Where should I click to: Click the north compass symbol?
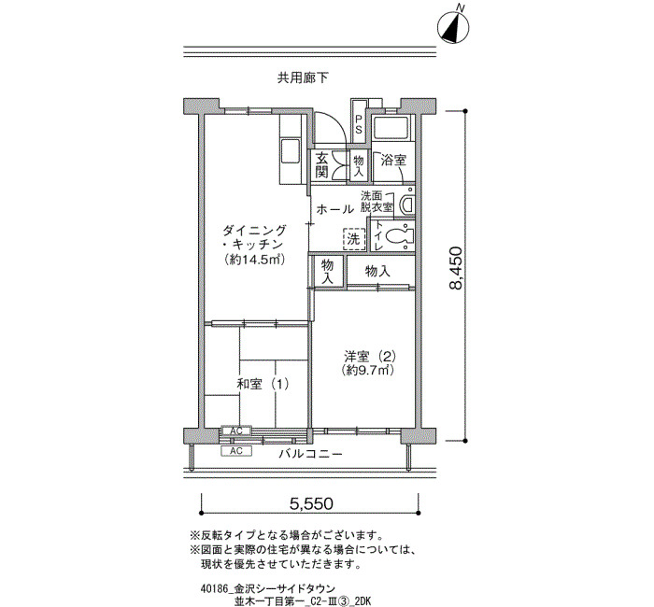[x=453, y=27]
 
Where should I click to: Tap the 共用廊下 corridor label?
[x=303, y=78]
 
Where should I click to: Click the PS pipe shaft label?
[x=358, y=124]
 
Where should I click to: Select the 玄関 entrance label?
[x=321, y=164]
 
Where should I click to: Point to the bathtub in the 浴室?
[x=391, y=128]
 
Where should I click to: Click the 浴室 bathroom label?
[x=393, y=160]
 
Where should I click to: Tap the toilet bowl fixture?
[x=398, y=236]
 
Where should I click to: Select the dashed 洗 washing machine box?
[x=354, y=239]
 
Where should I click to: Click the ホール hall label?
[x=335, y=209]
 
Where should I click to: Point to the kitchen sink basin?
[x=291, y=151]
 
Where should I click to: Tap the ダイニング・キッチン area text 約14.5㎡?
[x=254, y=260]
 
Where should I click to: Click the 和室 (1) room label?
[x=263, y=384]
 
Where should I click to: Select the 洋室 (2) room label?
[x=370, y=357]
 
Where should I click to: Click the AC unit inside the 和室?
[x=236, y=431]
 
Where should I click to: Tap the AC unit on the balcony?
[x=236, y=451]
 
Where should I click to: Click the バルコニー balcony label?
[x=311, y=454]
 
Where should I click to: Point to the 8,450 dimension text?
[x=456, y=268]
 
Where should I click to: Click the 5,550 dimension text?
[x=311, y=503]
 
